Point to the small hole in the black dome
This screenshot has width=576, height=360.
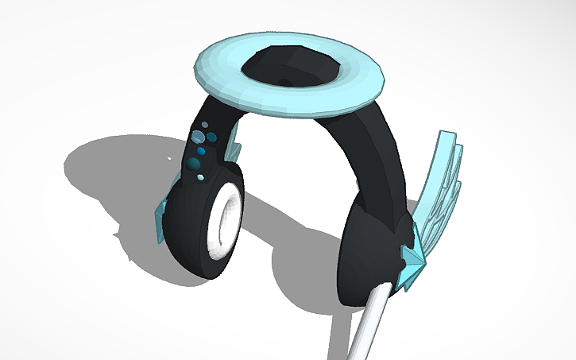284,81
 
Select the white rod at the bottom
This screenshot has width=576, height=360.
365,326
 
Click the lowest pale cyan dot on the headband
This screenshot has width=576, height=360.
200,176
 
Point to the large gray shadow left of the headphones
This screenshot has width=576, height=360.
111,171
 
